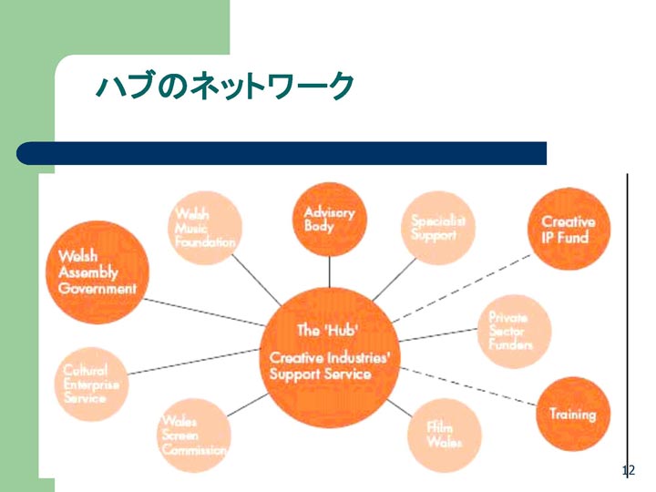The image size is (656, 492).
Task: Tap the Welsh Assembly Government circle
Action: pos(97,272)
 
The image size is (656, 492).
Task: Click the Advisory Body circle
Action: pos(329,219)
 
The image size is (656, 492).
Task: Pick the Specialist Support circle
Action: pos(438,228)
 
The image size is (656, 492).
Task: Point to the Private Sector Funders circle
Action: pos(515,333)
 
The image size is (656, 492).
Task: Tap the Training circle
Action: pos(572,415)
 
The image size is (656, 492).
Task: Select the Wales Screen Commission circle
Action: pos(194,436)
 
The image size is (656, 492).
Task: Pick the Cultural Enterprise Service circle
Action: pos(91,384)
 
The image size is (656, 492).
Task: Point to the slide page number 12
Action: pos(627,471)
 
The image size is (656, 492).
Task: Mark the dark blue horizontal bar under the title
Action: pos(282,153)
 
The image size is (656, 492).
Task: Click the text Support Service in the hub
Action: pos(321,374)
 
